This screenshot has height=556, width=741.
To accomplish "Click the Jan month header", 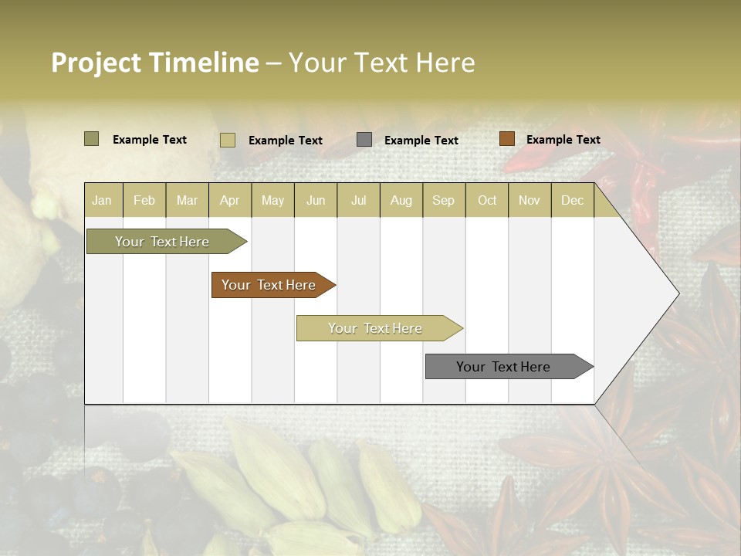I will point(102,200).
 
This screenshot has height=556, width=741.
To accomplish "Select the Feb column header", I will point(144,200).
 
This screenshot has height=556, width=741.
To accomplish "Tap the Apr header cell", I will point(230,200).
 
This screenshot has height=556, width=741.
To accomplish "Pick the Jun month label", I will point(316,200).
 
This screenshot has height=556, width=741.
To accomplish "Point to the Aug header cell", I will point(401,200).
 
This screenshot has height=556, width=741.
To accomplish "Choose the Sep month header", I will point(444,200).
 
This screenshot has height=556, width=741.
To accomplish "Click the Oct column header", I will point(487,200).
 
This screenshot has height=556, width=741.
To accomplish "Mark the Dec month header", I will point(573,200).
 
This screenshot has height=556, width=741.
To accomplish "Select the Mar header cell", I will point(187,200).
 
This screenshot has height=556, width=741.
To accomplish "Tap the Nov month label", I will point(530,200).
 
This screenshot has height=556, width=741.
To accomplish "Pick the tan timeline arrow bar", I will point(376,328).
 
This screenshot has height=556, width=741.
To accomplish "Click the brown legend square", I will point(506,139).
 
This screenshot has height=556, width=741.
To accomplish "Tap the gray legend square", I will point(364,140).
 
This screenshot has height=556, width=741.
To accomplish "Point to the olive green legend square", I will point(91,139).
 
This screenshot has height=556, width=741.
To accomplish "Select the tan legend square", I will point(227,140).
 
